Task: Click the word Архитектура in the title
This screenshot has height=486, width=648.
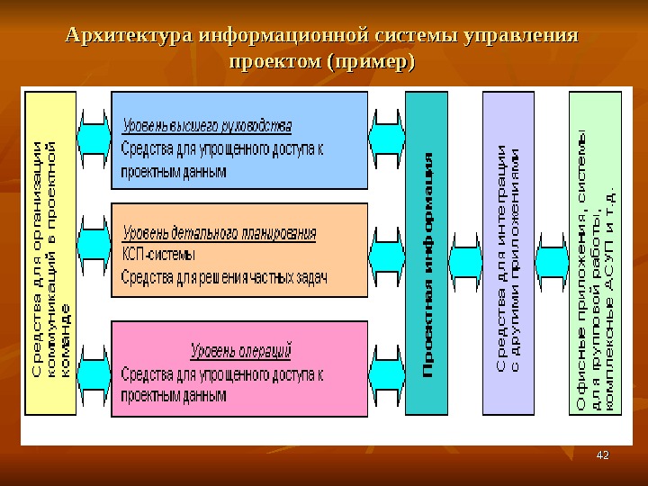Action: [129, 37]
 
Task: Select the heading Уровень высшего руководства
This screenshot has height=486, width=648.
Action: [207, 125]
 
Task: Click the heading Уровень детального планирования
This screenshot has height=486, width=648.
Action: [219, 233]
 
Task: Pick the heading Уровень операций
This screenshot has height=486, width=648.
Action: [240, 350]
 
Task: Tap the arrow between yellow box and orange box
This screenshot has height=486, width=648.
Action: [94, 245]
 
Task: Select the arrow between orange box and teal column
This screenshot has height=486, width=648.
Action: [387, 245]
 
